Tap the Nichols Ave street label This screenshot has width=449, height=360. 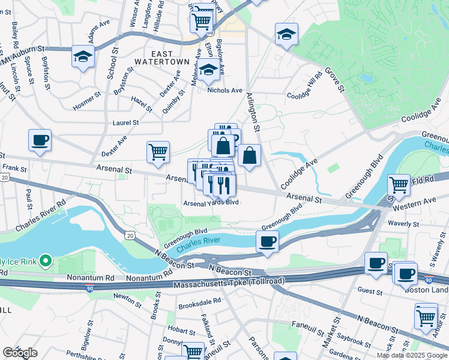pos(224,91)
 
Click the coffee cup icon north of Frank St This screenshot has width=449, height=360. pos(40,140)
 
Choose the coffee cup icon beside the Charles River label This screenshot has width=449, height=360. pos(267,242)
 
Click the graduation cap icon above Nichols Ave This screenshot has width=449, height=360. pos(208,71)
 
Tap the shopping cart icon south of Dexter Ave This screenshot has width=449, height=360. pos(158,152)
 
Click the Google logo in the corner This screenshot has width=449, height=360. pos(20,353)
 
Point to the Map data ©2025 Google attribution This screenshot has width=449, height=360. pos(411,355)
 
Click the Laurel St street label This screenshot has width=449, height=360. pos(125,122)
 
